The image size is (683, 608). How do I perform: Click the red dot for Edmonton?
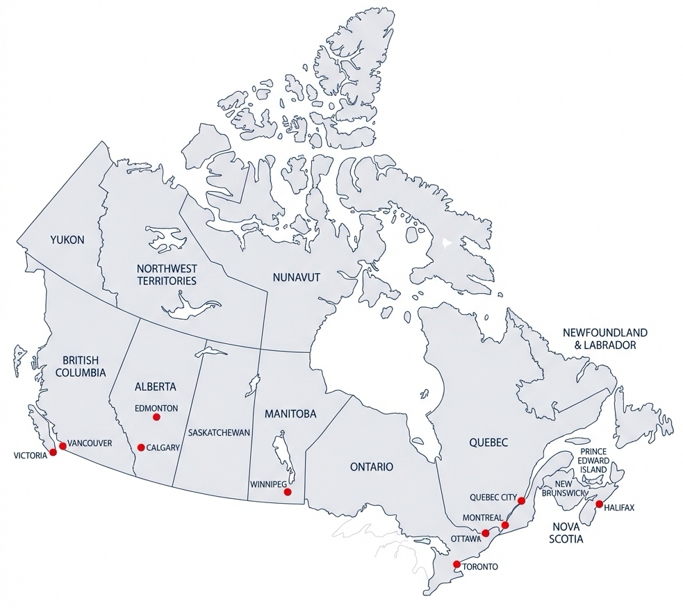(156, 417)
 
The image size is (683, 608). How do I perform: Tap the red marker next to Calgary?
(141, 447)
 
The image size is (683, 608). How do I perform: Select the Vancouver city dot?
(63, 446)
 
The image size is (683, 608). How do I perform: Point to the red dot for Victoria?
(54, 452)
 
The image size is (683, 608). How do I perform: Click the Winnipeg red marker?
(288, 492)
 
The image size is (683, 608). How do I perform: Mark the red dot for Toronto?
(456, 564)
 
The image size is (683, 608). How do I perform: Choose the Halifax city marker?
(599, 504)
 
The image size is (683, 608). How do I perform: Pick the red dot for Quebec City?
(522, 501)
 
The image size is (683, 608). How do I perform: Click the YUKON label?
(67, 240)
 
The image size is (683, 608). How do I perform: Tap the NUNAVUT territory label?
(296, 277)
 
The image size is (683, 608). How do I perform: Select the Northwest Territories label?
(167, 274)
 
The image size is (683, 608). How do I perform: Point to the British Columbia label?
(80, 366)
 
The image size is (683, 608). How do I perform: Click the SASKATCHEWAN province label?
(219, 432)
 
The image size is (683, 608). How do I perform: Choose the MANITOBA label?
(290, 413)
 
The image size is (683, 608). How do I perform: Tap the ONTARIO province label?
(371, 467)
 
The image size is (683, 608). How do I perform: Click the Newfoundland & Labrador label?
(604, 338)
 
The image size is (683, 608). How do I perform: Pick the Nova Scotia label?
(566, 532)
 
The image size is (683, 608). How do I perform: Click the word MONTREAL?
(482, 518)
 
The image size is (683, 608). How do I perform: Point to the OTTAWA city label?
(466, 539)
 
